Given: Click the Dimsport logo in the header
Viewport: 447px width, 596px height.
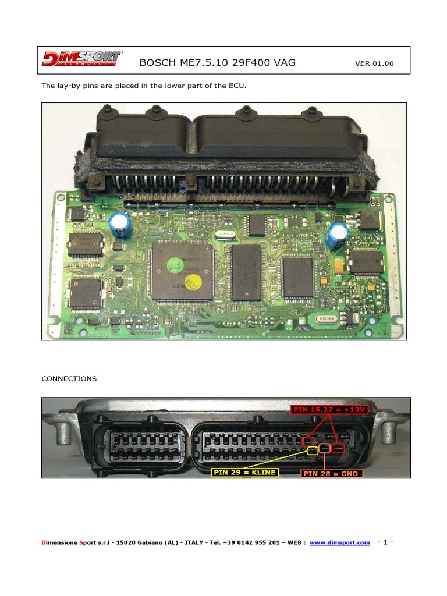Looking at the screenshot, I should pos(81,59).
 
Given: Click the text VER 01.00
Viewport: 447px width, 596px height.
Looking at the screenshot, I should pos(374,63).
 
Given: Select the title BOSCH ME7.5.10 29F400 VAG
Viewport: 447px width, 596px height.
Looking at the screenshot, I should pos(218,62).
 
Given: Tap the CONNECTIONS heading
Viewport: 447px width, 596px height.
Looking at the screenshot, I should pos(69,378).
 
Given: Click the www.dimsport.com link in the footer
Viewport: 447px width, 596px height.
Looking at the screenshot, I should pos(339,542).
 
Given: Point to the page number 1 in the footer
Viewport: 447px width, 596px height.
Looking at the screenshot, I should pos(385,542).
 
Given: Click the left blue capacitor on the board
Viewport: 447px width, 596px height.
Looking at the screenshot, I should pos(121,224).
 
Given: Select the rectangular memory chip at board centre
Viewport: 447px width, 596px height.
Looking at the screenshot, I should pos(246,272).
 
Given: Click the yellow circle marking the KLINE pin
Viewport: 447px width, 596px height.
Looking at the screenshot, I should pos(313,449).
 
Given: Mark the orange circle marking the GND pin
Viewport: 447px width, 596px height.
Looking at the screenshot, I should pos(324,449).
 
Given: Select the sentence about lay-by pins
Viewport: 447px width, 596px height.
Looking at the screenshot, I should pos(144,86).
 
